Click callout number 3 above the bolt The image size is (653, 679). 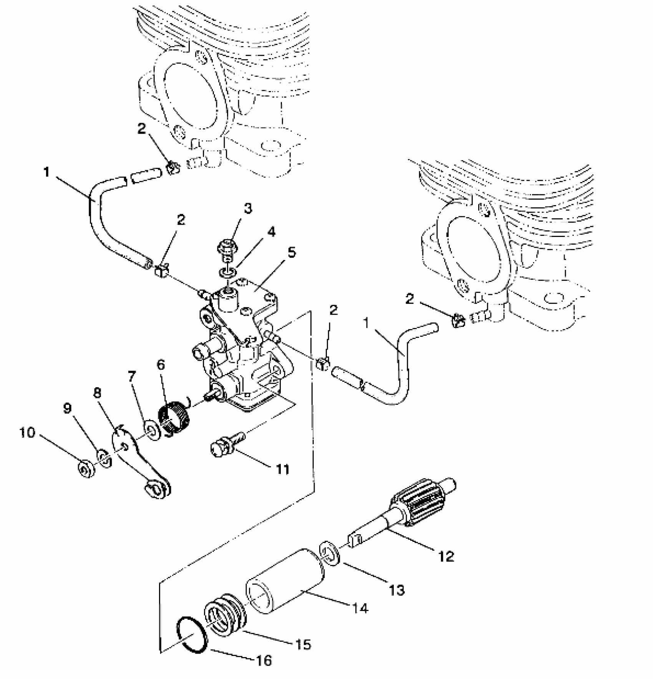(248, 209)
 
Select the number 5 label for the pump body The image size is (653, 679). (292, 253)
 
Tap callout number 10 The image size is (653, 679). (27, 433)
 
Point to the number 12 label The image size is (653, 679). (446, 556)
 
